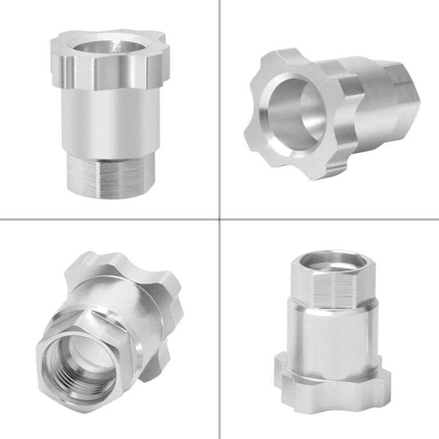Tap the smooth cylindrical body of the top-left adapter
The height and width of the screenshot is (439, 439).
tap(109, 120)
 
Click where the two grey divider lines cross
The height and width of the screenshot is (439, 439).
tap(220, 219)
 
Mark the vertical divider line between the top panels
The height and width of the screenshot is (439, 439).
tap(220, 109)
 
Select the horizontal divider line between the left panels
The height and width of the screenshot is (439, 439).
tap(109, 219)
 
